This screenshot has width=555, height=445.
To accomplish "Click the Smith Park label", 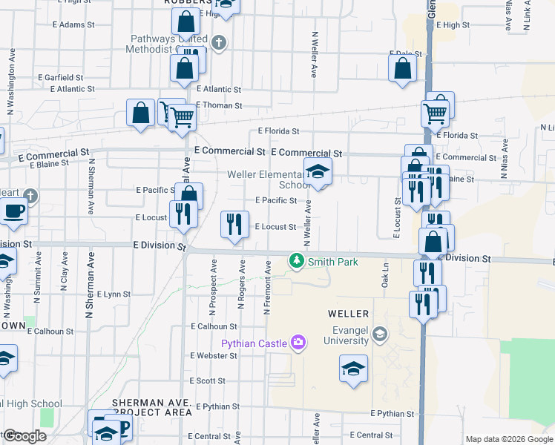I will coord(333,262).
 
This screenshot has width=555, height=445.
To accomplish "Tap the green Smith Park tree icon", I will coord(297,260).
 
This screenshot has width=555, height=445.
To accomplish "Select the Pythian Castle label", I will coord(254,343).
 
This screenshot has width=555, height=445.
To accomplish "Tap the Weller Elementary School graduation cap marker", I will coord(318,173).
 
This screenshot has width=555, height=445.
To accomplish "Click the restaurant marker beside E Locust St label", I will coord(235,224).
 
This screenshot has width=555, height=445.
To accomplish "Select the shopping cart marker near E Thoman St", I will coord(182,116).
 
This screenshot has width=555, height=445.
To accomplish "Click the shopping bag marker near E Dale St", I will coord(402,68).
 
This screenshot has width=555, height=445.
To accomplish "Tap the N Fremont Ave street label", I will coord(267,287).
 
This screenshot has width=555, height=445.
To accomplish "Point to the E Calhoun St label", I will coord(214,326).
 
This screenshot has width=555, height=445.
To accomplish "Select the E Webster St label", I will coord(213,356).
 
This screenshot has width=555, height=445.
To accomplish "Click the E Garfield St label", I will coord(60,77).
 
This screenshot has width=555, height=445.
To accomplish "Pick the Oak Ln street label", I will coord(385,277).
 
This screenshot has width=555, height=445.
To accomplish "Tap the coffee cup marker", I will coord(13,212).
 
